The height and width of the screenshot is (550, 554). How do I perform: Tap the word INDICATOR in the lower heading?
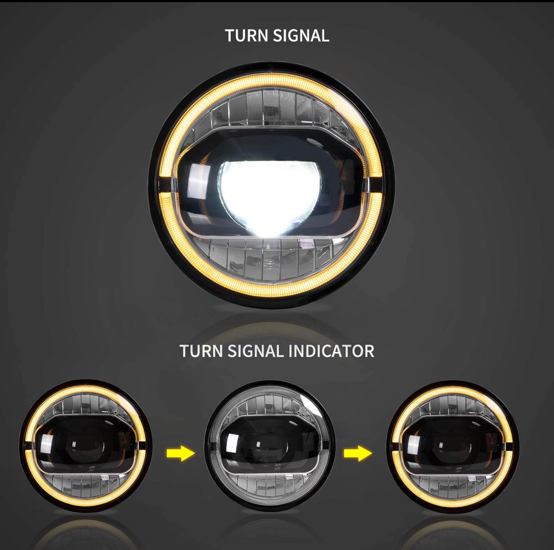[x=332, y=351]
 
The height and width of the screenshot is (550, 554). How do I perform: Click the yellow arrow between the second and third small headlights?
[x=358, y=453]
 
